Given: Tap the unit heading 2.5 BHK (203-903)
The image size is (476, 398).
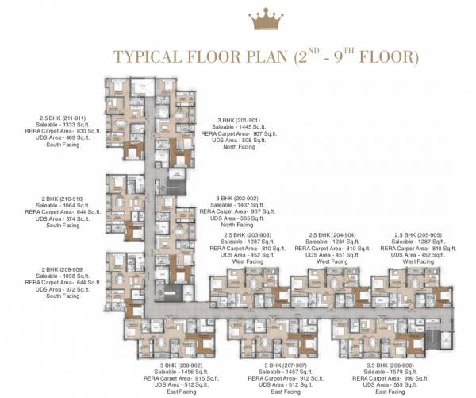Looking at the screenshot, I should click(247, 235).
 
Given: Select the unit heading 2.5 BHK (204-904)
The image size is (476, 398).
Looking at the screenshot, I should click(333, 235).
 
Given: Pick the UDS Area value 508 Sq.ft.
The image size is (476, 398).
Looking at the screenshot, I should click(251, 140).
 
